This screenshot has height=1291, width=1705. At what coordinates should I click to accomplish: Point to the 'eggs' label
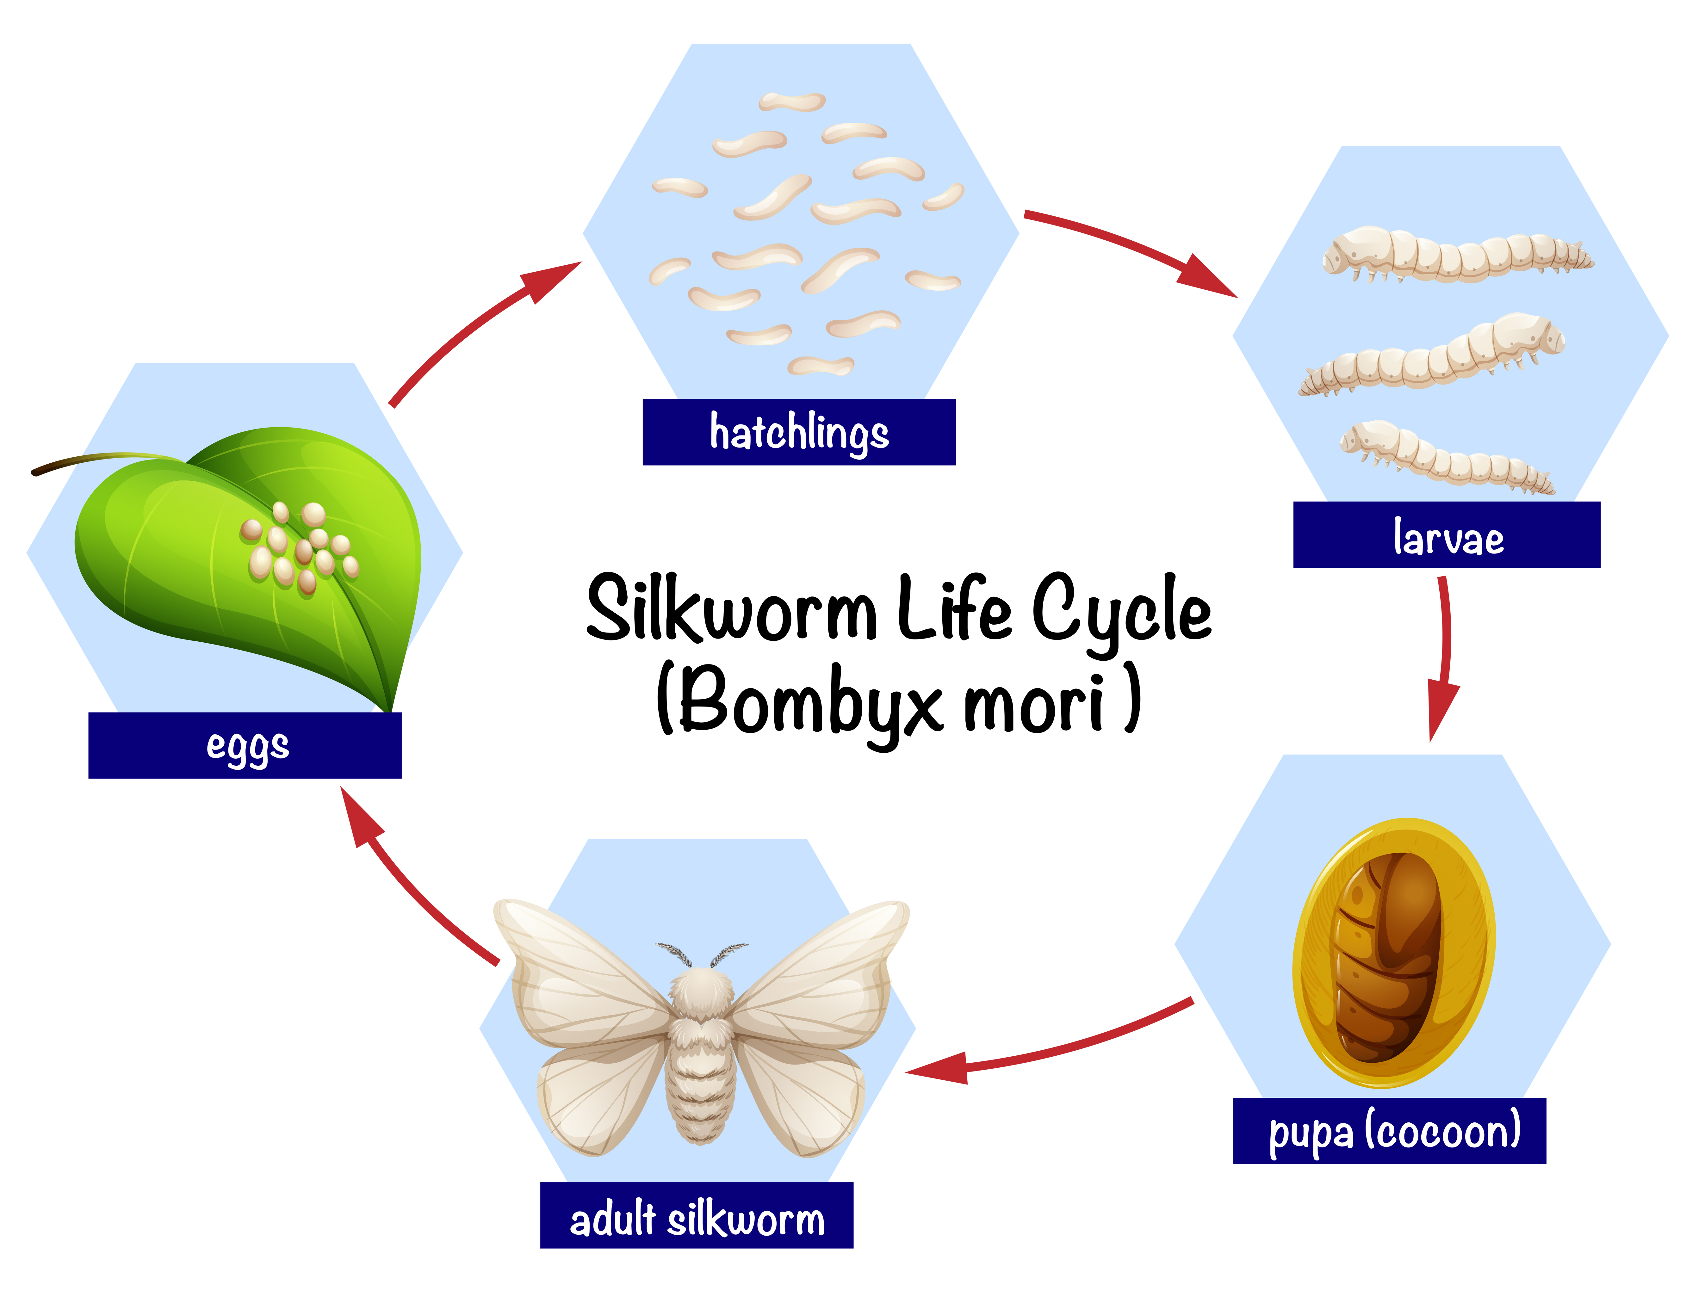245,745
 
